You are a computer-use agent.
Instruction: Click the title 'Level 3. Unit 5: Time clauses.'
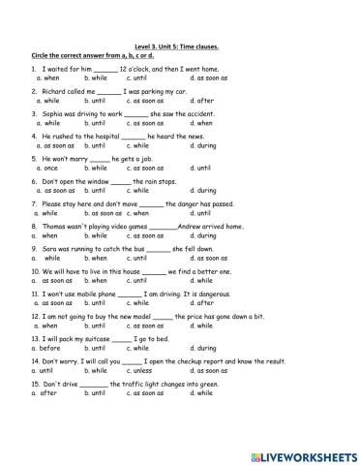coord(179,45)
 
